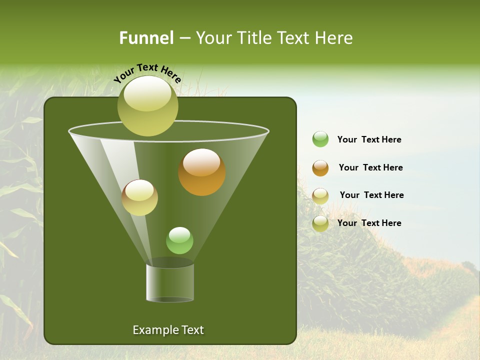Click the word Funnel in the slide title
coord(146,38)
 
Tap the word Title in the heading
coord(253,38)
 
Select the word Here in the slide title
coord(334,38)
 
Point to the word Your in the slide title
coord(213,38)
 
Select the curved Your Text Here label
coord(147,72)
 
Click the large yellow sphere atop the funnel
coord(147,105)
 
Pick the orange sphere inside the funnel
coord(201,172)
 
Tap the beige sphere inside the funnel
coord(139,197)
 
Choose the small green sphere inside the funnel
coord(179,240)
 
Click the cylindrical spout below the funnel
coord(170,282)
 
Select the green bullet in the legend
coord(320,139)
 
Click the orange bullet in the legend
coord(320,168)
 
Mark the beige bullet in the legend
coord(320,195)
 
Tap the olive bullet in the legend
coord(320,223)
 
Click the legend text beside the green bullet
coord(369,139)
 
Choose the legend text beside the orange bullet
coord(370,167)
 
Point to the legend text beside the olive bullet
coord(369,223)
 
